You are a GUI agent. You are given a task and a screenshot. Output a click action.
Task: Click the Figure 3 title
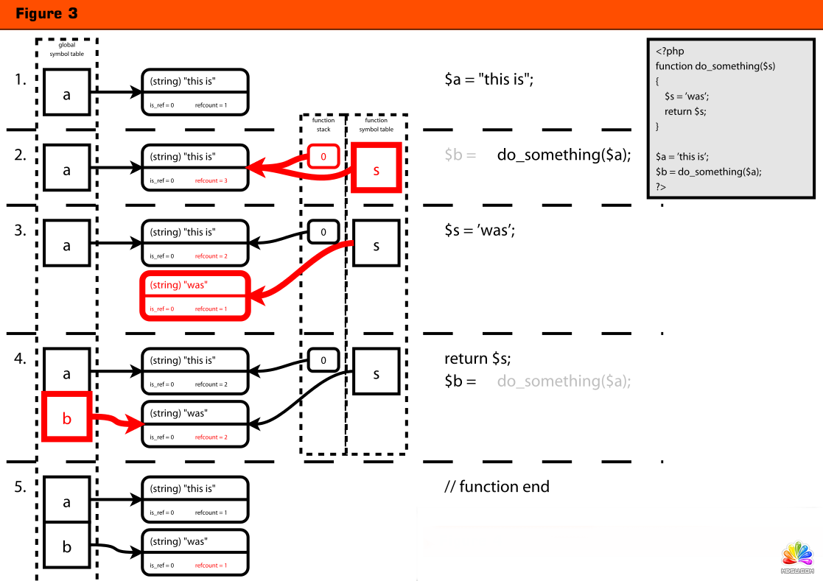coord(46,14)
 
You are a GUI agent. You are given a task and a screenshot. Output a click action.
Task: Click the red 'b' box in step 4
coord(66,418)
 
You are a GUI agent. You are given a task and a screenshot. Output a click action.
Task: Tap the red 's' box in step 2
coord(376,169)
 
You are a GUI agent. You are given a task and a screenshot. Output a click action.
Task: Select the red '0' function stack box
coord(323,156)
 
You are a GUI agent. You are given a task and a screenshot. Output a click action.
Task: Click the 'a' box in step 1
coord(66,92)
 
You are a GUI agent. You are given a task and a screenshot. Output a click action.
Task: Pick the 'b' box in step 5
coord(66,547)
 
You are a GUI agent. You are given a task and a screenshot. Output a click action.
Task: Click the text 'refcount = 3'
coord(211,180)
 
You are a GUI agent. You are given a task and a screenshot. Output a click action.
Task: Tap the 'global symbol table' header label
coord(67,49)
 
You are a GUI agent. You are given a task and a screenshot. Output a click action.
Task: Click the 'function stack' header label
coord(323,124)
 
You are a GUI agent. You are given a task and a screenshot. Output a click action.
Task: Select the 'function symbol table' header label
coord(376,124)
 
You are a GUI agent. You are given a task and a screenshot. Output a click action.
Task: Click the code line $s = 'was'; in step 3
coord(480,230)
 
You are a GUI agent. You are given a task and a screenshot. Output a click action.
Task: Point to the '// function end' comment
coord(497,487)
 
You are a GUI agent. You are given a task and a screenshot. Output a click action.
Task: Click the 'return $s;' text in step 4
coord(477,359)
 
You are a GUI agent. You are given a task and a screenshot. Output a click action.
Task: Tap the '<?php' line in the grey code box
coord(670,52)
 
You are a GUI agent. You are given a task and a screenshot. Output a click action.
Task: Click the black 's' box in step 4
coord(376,373)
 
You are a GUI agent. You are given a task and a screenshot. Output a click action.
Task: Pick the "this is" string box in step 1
coord(195,92)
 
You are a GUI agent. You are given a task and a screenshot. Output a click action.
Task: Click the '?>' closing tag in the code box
coord(661,187)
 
